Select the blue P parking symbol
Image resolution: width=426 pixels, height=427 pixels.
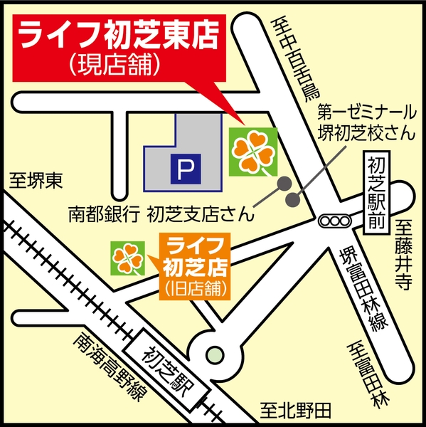pos(184,169)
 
